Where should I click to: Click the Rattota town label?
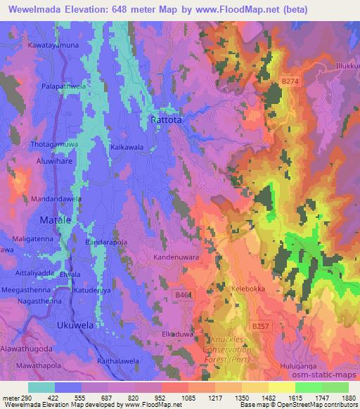pos(167,120)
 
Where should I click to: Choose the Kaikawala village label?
pos(127,148)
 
